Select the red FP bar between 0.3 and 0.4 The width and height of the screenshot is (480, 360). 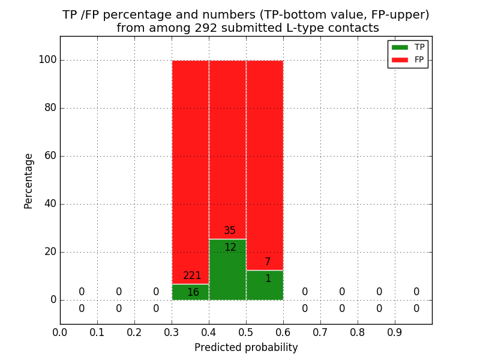click(x=190, y=168)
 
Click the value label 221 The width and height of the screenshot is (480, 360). click(x=192, y=276)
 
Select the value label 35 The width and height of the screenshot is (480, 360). click(x=230, y=231)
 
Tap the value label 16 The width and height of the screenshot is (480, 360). click(x=193, y=293)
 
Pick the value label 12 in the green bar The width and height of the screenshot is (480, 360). click(x=230, y=248)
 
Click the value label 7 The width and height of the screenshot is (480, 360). click(x=268, y=262)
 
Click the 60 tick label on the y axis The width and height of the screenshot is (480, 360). click(x=50, y=156)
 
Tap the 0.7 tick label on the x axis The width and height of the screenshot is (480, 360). click(x=320, y=332)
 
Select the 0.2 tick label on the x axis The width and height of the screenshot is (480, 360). click(x=134, y=332)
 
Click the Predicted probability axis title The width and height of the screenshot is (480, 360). click(x=246, y=347)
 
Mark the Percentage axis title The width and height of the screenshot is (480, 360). click(x=29, y=181)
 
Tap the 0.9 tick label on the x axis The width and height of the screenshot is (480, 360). click(x=395, y=332)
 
